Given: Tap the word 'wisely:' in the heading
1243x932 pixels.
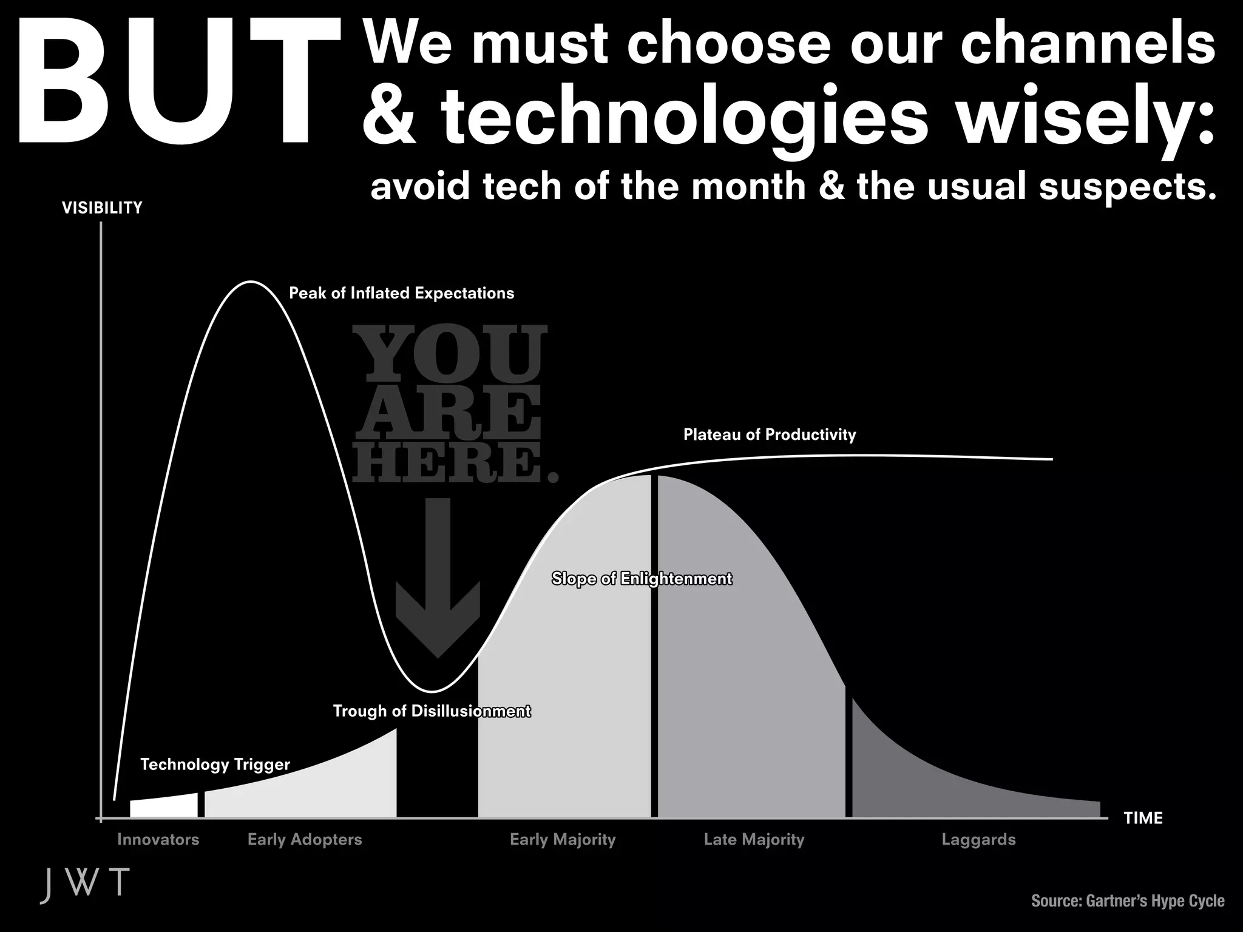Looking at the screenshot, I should click(1086, 118).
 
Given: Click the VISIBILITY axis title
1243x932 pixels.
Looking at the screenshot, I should click(102, 208).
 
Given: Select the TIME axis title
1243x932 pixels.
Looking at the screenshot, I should click(1143, 818).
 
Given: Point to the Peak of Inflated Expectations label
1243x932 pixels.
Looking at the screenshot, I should click(401, 293).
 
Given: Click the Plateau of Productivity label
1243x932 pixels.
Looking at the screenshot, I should click(769, 434).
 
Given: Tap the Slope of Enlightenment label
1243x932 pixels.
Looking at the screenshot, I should click(642, 578).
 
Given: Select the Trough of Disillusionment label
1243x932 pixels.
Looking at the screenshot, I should click(432, 711).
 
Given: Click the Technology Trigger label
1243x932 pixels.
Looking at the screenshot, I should click(215, 764).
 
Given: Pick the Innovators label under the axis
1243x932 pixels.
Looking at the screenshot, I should click(158, 840).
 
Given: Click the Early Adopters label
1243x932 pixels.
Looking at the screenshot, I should click(305, 840).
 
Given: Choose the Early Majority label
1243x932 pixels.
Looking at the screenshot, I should click(563, 840).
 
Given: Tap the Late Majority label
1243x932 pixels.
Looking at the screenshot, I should click(754, 840).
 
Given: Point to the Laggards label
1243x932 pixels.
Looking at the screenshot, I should click(978, 840).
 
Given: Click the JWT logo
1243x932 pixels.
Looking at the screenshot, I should click(85, 884).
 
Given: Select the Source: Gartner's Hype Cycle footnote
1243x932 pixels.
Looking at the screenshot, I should click(1128, 901).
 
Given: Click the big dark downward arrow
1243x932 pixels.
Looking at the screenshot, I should click(438, 582).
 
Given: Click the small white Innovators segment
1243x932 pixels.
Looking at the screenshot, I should click(164, 806).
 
